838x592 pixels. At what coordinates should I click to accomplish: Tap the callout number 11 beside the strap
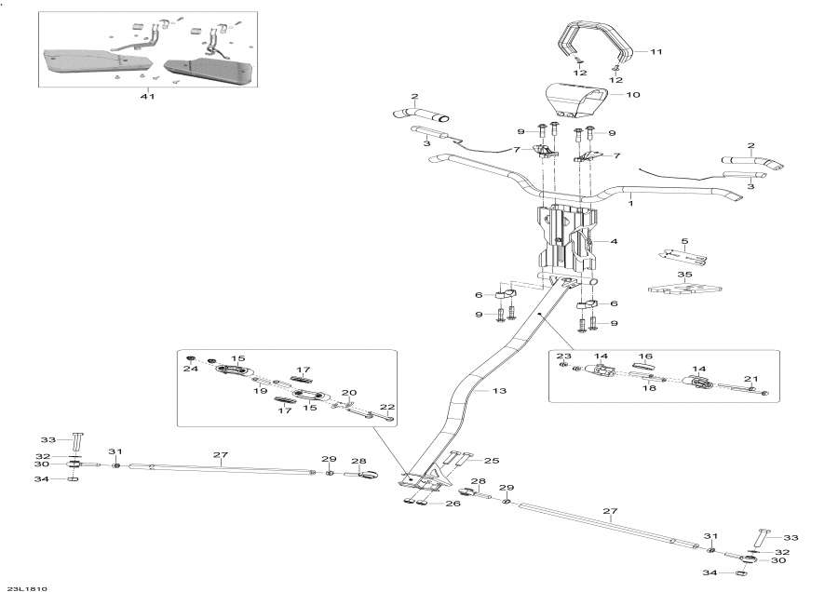(656, 52)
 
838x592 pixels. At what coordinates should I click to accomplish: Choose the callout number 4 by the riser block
(615, 242)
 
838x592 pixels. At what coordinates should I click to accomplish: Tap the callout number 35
(684, 276)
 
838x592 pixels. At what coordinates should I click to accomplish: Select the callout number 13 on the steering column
(499, 392)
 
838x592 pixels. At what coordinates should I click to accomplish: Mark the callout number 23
(563, 357)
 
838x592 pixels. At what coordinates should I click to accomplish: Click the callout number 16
(646, 356)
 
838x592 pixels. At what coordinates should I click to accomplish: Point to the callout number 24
(191, 369)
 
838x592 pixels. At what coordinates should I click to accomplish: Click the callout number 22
(387, 407)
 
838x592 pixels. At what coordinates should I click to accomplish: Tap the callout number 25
(492, 461)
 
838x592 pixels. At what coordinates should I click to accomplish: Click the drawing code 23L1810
(26, 587)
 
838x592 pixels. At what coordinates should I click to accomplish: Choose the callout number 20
(350, 392)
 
